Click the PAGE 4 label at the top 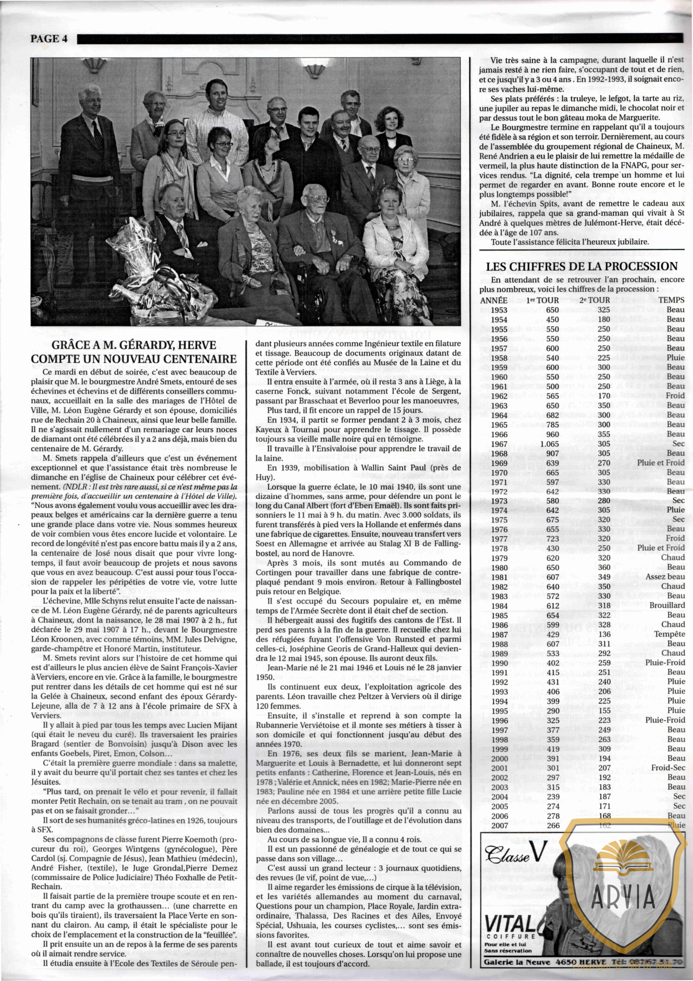click(49, 39)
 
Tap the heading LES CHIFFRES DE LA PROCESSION click(582, 267)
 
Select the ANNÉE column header click(494, 300)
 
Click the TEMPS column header click(671, 300)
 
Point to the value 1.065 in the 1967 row click(549, 443)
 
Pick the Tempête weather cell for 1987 click(669, 635)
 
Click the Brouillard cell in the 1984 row click(667, 605)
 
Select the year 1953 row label click(499, 310)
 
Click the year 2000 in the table click(499, 758)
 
